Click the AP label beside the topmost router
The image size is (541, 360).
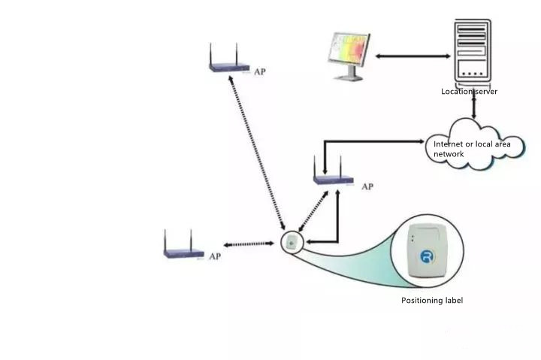point(260,72)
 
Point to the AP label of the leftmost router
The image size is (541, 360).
point(215,256)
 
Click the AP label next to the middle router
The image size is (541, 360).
point(367,186)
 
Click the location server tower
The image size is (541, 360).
point(473,52)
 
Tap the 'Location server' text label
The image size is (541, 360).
point(469,92)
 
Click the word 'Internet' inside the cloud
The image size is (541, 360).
point(448,144)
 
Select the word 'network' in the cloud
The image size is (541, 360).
point(449,154)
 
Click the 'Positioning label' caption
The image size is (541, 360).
point(432,301)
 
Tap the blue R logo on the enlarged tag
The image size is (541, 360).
point(428,257)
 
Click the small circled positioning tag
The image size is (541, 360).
point(292,243)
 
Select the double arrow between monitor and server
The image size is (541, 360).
point(413,56)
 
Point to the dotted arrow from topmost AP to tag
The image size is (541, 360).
point(257,153)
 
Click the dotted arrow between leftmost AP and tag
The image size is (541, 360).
point(249,244)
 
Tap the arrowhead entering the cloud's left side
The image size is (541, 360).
point(421,141)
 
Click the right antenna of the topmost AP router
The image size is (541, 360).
point(237,53)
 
